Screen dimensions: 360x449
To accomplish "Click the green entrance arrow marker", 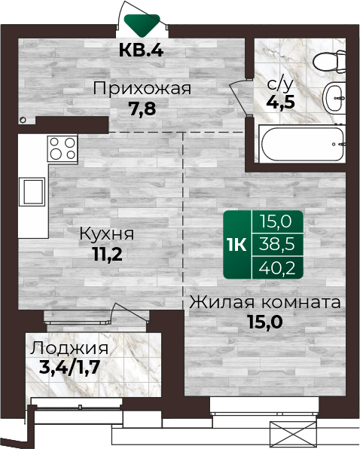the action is [x=142, y=25].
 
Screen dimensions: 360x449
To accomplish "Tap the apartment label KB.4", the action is [x=142, y=50].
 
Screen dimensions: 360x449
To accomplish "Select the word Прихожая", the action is [x=142, y=88].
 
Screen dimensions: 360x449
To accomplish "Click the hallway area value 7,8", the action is [x=142, y=108].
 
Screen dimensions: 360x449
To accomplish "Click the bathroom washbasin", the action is [x=334, y=98].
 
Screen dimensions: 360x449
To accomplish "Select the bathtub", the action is [x=302, y=144].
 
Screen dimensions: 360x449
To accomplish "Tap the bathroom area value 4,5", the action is [x=280, y=102].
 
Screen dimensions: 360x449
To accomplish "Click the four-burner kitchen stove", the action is [x=63, y=148].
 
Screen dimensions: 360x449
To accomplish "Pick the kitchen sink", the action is [x=32, y=191].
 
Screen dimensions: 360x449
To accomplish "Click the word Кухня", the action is [x=106, y=234].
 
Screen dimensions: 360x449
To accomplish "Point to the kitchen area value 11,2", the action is [x=108, y=255].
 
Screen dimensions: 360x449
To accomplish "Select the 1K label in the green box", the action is [x=237, y=245].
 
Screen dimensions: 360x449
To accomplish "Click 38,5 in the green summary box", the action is [x=276, y=245].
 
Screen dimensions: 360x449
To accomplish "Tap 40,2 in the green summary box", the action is [x=276, y=268].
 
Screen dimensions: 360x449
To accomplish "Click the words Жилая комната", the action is [x=265, y=302].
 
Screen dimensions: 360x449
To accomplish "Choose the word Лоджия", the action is [x=69, y=349].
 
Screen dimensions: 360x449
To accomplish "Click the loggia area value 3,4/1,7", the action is [x=69, y=368].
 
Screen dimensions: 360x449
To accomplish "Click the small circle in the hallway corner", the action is [x=23, y=120].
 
